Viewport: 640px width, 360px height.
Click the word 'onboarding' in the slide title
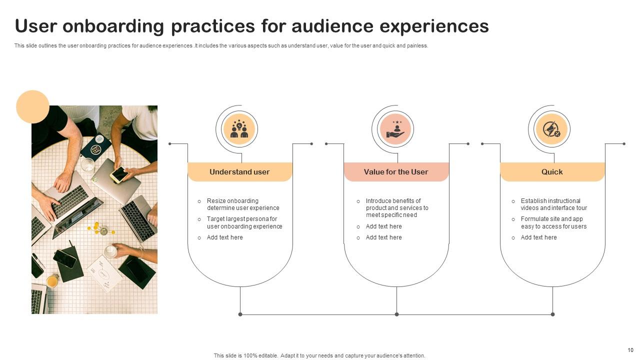113,26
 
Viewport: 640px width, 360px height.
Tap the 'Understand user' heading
239,171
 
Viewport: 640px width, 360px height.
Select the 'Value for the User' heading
395,171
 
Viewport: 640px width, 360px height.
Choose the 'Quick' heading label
552,171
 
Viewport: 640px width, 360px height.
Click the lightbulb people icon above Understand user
239,129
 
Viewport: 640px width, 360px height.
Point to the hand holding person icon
395,129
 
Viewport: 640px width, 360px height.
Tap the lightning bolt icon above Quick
552,129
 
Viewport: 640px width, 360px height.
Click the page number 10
630,350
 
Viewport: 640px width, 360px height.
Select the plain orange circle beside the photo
32,107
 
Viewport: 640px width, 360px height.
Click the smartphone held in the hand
119,174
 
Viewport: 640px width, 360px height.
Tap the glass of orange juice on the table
52,281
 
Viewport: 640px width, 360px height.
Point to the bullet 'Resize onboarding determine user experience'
243,204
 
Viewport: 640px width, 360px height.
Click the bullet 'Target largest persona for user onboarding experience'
244,222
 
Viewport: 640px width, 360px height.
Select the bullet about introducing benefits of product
397,208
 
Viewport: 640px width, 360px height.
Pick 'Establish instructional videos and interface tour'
553,204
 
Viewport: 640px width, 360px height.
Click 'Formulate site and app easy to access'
553,222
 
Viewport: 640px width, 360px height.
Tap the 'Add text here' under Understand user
224,237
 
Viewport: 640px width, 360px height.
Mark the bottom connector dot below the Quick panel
552,314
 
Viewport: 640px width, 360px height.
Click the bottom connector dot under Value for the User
396,314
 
